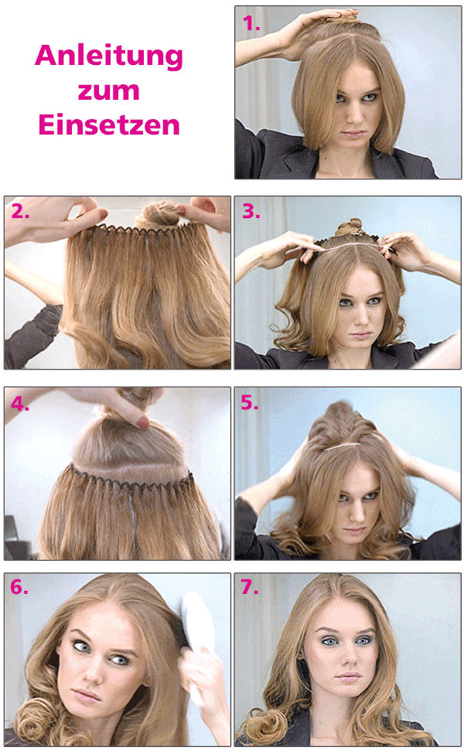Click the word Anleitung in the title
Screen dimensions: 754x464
click(x=109, y=56)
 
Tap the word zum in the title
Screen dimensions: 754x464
click(x=109, y=90)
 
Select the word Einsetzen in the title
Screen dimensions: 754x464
click(x=109, y=124)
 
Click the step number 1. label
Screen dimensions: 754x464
click(x=251, y=23)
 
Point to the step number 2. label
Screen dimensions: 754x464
click(x=20, y=211)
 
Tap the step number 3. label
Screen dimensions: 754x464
click(x=251, y=211)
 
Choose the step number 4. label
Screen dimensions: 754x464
click(x=20, y=403)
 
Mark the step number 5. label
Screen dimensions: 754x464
click(x=251, y=403)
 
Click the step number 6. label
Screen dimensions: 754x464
click(x=20, y=587)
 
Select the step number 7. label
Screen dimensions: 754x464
click(x=250, y=587)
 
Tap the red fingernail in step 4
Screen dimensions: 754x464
click(x=142, y=421)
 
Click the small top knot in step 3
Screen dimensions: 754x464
click(x=350, y=227)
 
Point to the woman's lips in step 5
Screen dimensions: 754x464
click(x=353, y=533)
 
